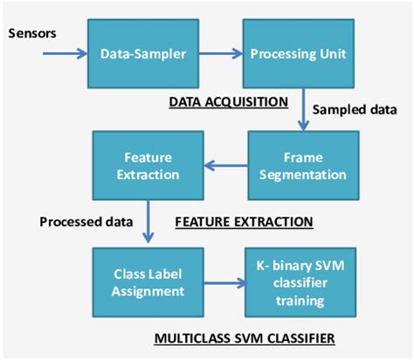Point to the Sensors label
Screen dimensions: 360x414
tap(32, 34)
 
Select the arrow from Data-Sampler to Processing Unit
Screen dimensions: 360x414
tap(216, 53)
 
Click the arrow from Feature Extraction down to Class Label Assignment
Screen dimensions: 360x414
tap(149, 219)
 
